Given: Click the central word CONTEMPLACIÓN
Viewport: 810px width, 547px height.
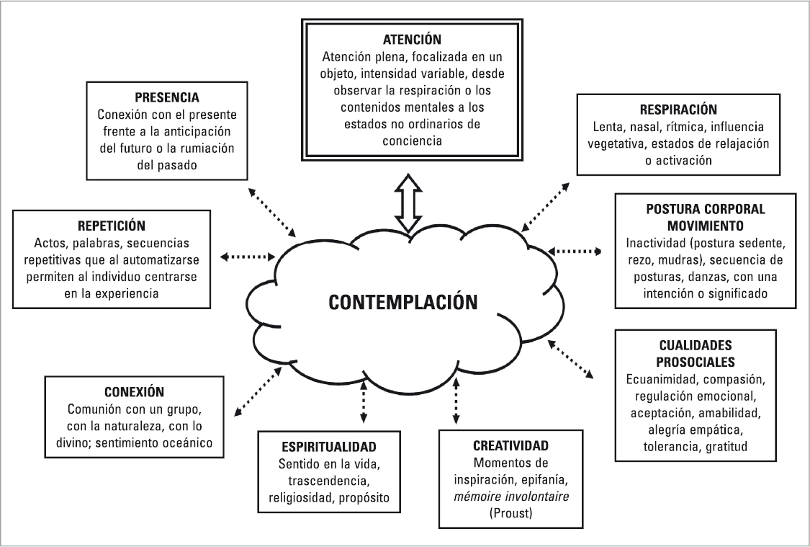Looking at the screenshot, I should coord(403,301).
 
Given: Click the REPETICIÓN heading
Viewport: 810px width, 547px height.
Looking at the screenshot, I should coord(116,225).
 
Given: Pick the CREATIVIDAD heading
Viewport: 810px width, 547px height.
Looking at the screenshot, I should coord(511,445).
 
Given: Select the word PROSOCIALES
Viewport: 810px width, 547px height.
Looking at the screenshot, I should coord(695,361).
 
